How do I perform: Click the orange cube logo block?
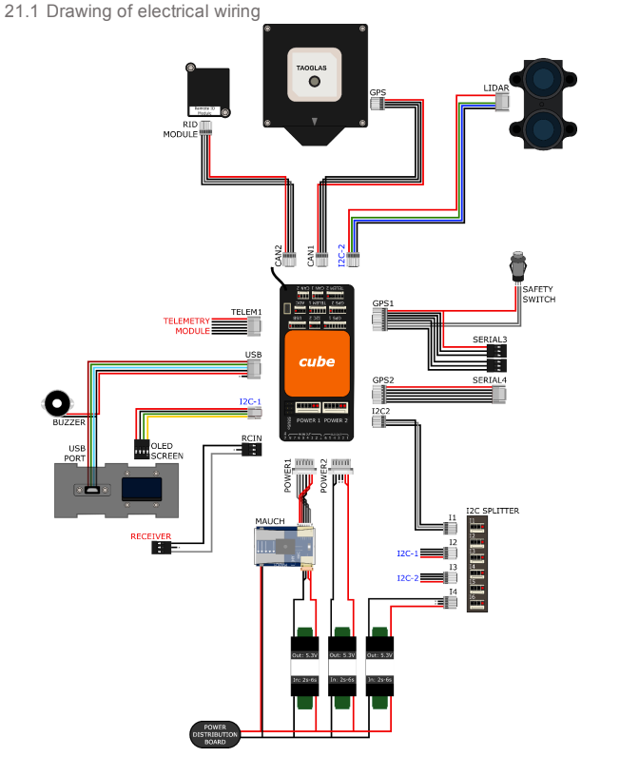click(317, 362)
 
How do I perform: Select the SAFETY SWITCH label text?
click(538, 294)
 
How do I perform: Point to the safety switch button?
click(519, 262)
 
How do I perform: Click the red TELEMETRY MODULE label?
click(185, 326)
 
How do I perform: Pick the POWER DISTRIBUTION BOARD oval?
click(214, 733)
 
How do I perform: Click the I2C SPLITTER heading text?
click(493, 511)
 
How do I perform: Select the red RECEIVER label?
click(150, 537)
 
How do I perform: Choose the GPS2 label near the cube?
click(383, 378)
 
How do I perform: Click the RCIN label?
click(251, 439)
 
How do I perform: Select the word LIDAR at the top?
click(496, 88)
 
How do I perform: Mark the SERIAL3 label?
click(490, 339)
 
